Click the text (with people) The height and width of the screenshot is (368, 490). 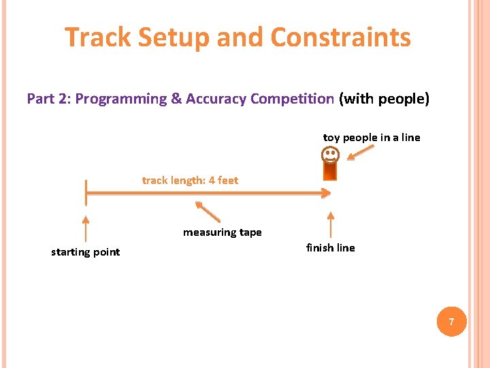coord(385,99)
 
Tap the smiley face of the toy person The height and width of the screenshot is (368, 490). coord(330,156)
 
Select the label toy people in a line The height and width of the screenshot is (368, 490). coord(372,138)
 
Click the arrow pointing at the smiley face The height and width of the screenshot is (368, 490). coord(360,153)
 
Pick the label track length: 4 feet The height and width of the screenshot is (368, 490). coord(190,181)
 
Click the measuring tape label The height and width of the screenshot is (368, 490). coord(222,232)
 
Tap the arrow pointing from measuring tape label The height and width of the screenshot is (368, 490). coord(208,211)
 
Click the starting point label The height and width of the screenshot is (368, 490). coord(85,252)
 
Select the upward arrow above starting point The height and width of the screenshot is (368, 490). coord(85,228)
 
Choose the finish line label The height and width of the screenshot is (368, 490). coord(330,248)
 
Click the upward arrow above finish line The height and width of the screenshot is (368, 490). coord(330,224)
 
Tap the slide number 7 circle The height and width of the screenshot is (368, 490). coord(450,320)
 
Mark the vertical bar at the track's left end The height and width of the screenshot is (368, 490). coord(86,193)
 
